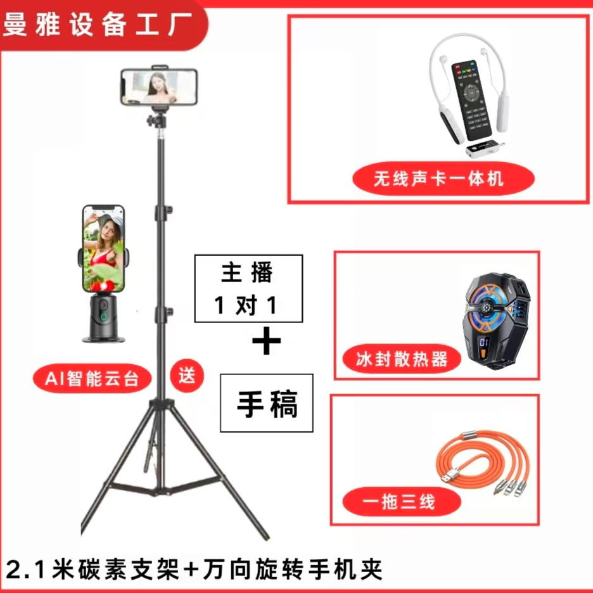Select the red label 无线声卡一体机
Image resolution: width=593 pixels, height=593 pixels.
pos(438,179)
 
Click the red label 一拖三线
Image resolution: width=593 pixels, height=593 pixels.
pos(399,503)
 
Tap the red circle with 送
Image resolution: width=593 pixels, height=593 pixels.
pos(188,376)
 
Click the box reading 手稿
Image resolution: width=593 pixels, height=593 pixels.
pos(267,403)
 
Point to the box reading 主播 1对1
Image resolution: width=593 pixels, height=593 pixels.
pos(248,289)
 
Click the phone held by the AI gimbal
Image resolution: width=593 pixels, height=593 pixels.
pos(103,245)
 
